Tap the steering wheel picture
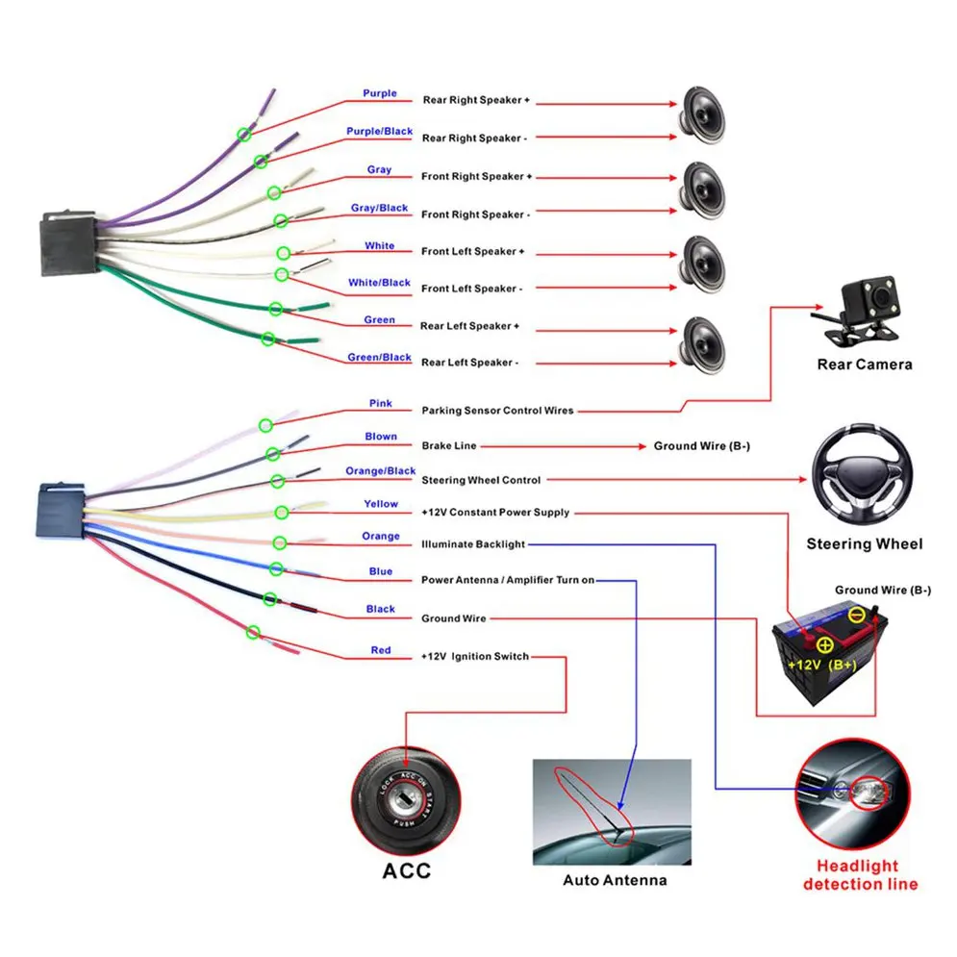pos(863,477)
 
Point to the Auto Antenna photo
pos(612,813)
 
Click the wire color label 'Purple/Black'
pos(380,132)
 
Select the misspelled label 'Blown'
pos(381,437)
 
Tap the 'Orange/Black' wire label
pos(381,471)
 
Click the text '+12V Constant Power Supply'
pos(495,513)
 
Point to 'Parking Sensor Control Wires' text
pos(497,411)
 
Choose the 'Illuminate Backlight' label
pos(473,544)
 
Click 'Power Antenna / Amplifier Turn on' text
pos(508,581)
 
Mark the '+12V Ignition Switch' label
pos(475,656)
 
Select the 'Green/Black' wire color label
pos(380,358)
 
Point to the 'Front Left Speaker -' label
pos(472,289)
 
